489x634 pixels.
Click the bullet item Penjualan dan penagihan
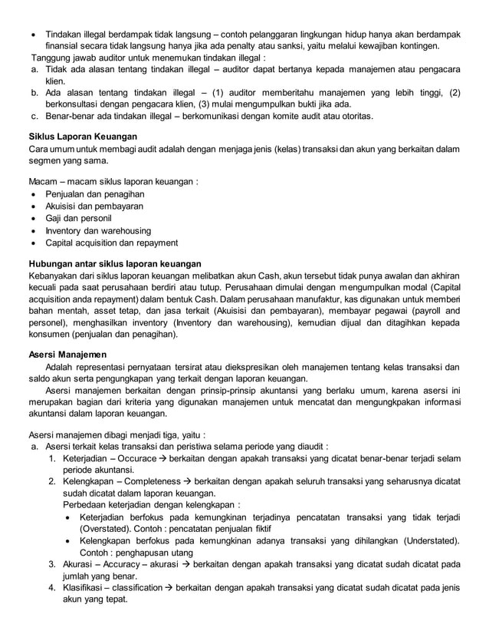coord(94,194)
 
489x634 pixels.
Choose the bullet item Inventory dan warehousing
coord(98,231)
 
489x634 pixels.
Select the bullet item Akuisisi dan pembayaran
coord(95,206)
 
